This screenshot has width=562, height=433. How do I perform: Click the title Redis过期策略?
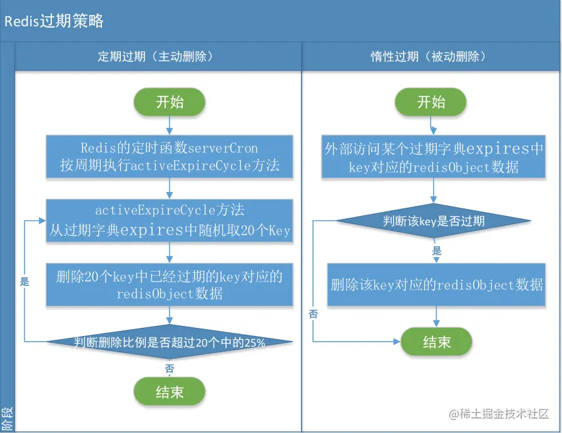pos(54,21)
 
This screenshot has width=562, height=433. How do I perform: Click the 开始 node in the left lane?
pos(170,102)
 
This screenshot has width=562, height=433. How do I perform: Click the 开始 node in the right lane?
pos(431,102)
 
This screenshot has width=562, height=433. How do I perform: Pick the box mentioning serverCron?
pos(170,156)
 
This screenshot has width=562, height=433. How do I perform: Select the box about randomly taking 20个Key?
pos(170,220)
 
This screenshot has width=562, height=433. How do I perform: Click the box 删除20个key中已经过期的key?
pos(170,285)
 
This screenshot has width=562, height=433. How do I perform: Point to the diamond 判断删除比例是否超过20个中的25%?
pos(170,342)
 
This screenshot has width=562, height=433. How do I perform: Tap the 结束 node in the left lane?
pos(170,392)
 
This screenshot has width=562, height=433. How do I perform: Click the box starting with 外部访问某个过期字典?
pos(433,156)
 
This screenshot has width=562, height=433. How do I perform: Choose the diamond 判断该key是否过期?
pos(433,221)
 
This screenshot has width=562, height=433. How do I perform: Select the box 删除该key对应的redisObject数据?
pos(436,285)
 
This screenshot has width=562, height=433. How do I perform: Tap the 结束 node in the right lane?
pos(436,342)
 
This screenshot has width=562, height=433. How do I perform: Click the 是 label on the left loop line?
pos(24,282)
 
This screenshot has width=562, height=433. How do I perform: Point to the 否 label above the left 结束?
pos(170,369)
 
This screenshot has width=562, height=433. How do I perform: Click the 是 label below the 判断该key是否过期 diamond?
pos(437,250)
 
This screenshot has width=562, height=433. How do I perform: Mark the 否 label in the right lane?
pos(314,314)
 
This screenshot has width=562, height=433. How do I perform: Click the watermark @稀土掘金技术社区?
pos(499,414)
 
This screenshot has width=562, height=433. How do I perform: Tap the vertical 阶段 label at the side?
pos(7,419)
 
